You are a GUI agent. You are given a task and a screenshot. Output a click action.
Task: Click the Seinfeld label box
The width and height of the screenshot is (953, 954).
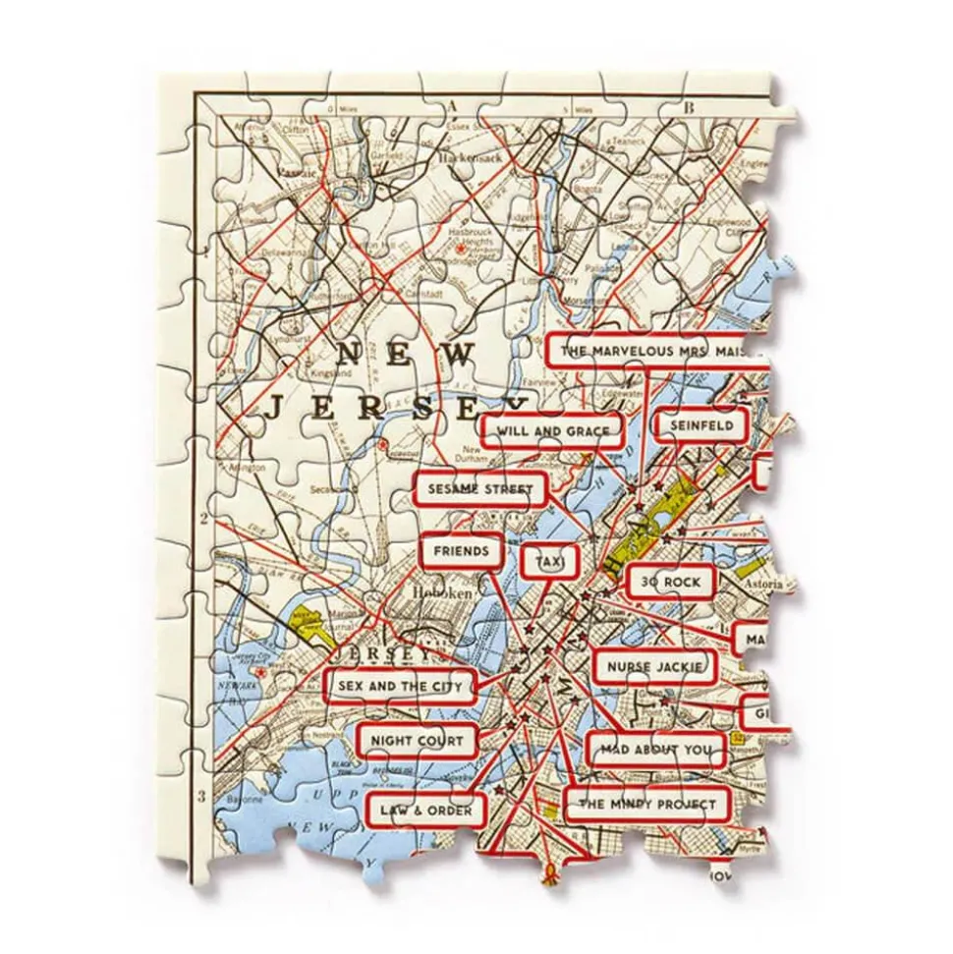(701, 426)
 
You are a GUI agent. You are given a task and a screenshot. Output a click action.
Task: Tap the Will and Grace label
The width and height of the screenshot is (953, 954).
(553, 430)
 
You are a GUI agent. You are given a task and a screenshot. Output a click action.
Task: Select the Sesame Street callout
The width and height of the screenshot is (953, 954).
(480, 488)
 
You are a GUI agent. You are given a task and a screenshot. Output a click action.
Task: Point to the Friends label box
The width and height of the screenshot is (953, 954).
(461, 551)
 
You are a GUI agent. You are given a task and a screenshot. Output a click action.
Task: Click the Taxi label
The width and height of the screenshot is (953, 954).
(551, 560)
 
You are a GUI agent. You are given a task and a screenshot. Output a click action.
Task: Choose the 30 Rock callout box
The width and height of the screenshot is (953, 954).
(670, 583)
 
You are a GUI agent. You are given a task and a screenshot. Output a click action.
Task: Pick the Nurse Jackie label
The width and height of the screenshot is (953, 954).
(654, 668)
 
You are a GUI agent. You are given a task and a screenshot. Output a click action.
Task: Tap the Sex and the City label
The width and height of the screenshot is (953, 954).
(399, 685)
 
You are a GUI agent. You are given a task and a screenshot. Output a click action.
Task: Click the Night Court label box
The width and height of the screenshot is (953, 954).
(418, 742)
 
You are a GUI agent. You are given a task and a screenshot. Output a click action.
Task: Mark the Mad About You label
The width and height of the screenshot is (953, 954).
(657, 751)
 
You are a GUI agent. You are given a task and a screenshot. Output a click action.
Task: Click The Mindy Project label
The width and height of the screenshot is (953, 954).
(648, 806)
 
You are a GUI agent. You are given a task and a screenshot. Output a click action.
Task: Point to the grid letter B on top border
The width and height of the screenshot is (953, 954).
(690, 107)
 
